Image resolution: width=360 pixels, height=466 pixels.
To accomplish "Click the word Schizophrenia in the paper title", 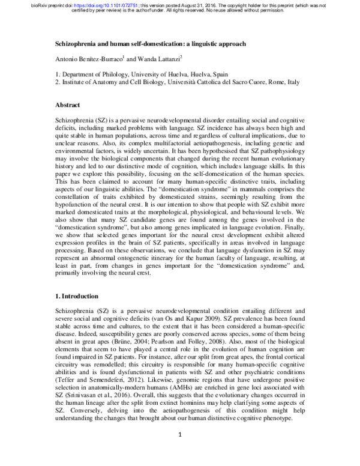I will [77, 44].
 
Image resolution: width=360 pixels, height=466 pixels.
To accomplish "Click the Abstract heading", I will [68, 104].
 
